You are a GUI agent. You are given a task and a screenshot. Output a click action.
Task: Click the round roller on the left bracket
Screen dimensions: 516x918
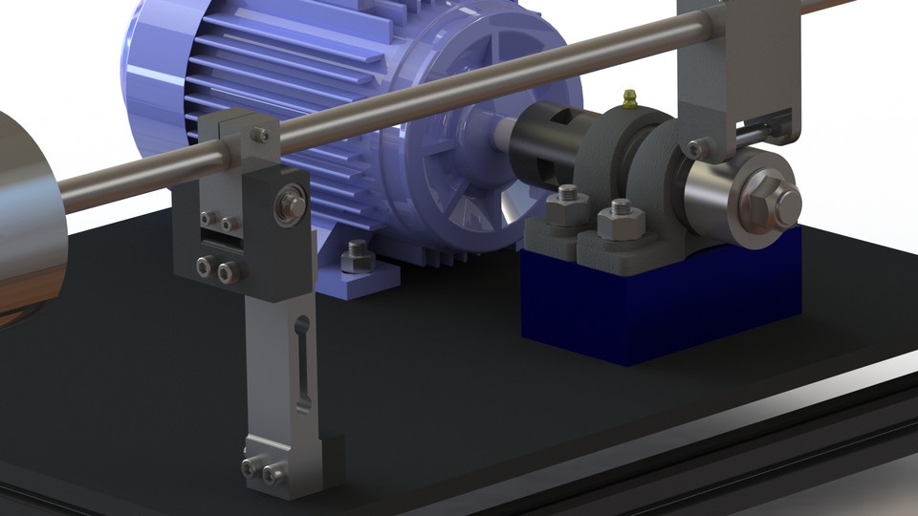pyautogui.click(x=291, y=203)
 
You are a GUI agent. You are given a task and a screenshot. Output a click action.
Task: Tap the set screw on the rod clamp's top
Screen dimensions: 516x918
pyautogui.click(x=259, y=135)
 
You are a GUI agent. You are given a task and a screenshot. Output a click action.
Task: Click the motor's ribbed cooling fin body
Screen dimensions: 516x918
pyautogui.click(x=249, y=67)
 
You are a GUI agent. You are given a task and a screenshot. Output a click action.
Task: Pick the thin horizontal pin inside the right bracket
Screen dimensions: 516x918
pyautogui.click(x=765, y=125)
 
